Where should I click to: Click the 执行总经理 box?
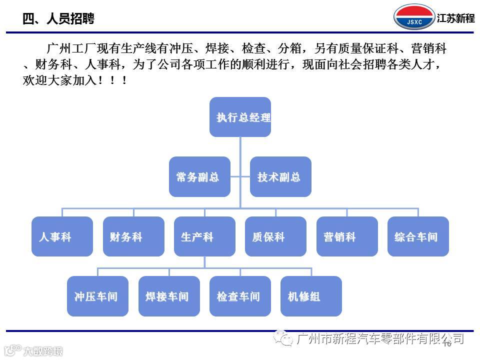pos(240,117)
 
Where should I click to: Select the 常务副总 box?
pos(199,176)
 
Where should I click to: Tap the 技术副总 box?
pos(280,176)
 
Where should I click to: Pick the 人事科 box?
pos(62,236)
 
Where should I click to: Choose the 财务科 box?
pos(133,236)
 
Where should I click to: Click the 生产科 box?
pos(204,236)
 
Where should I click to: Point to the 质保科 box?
pos(275,236)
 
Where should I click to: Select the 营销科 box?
pos(347,236)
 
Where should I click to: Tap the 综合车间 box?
pos(418,236)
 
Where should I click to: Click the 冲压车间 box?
pos(97,296)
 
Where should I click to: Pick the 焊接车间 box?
pos(169,296)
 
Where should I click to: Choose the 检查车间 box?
pos(240,296)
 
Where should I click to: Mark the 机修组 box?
pos(311,296)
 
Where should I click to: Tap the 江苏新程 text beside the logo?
pos(455,18)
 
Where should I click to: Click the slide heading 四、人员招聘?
pos(58,19)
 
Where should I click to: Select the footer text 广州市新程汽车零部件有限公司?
pos(380,339)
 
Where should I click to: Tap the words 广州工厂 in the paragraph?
pos(64,49)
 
